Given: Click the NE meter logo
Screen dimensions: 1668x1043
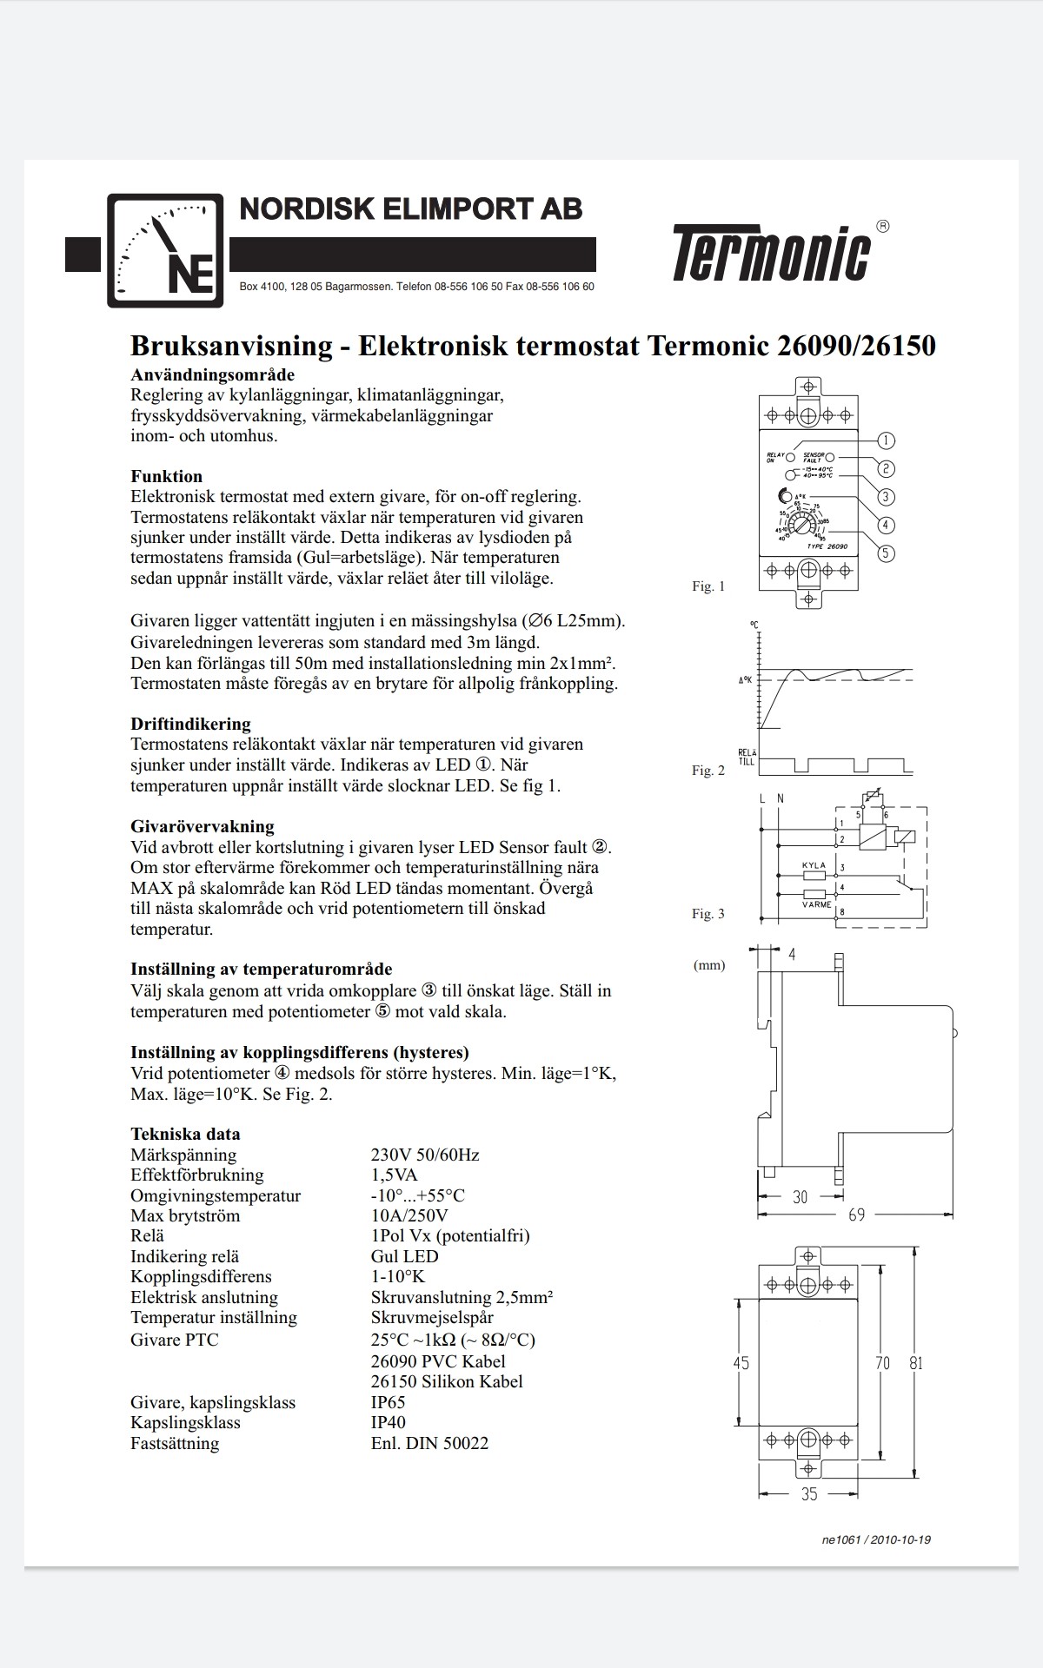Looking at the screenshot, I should [x=165, y=251].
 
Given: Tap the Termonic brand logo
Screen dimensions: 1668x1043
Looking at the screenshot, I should [x=771, y=253].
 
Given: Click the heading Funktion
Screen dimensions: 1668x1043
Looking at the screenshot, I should [x=166, y=476].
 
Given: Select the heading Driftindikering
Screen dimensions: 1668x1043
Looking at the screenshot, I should [x=190, y=724].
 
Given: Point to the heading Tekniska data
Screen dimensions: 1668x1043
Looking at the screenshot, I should [x=185, y=1134].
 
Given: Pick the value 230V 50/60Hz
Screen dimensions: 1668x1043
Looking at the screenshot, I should [x=425, y=1155].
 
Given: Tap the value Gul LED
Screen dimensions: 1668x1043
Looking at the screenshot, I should [x=404, y=1256].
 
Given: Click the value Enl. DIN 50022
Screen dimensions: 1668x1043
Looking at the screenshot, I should [x=429, y=1443].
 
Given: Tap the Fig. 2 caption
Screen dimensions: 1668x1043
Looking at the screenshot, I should [x=708, y=771].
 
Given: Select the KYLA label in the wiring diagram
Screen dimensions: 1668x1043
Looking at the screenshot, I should [x=814, y=866].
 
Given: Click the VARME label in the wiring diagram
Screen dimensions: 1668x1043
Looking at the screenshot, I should [x=816, y=904].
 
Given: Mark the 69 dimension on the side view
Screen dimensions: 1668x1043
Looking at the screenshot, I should [x=856, y=1215].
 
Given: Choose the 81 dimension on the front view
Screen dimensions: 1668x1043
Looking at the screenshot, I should [x=916, y=1363].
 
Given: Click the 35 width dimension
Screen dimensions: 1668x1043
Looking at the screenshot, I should [x=809, y=1494].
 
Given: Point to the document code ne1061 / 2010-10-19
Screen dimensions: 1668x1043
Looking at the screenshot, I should [x=875, y=1539].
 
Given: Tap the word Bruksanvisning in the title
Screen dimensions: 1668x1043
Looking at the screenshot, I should [x=231, y=346].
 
